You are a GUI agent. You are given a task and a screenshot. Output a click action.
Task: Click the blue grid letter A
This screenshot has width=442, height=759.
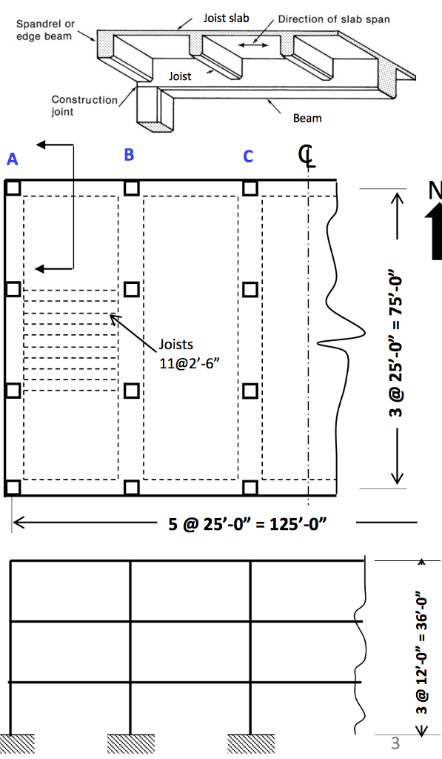coord(12,159)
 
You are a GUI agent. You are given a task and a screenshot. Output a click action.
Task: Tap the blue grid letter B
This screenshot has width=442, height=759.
coord(129,155)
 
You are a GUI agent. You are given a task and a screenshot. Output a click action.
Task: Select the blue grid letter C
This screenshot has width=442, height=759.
coord(248,156)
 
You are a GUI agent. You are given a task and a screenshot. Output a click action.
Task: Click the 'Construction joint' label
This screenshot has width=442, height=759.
coord(84,106)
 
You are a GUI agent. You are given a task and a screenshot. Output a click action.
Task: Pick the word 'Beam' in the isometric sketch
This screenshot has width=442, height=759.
coord(307,119)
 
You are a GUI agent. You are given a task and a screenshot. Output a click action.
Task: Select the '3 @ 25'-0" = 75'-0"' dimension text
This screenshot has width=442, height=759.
coord(398,338)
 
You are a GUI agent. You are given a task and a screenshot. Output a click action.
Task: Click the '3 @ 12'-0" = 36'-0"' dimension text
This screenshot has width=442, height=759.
coord(421,652)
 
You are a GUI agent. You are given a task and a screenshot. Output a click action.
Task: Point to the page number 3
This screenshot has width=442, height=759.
coord(395,742)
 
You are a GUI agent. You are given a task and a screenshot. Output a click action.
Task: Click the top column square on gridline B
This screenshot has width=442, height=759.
coord(131,188)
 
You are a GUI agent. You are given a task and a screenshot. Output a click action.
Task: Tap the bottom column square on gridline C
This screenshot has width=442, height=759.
coord(250,487)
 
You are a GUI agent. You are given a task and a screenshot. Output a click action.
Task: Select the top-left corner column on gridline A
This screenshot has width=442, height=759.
coord(13,188)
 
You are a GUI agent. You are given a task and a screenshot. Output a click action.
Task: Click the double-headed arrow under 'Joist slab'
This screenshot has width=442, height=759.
coord(253,46)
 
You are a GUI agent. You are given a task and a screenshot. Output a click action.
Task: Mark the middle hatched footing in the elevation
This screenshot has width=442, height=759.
coord(130,743)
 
